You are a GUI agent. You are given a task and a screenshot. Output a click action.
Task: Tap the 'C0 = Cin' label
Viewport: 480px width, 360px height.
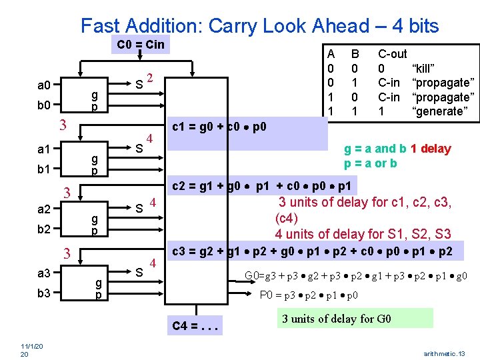pos(140,45)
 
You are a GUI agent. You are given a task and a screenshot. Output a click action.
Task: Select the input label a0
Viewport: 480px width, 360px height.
pos(44,85)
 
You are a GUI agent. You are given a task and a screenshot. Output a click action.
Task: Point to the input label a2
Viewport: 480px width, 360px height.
pos(44,209)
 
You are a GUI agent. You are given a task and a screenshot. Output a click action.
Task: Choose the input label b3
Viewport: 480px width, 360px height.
pos(44,292)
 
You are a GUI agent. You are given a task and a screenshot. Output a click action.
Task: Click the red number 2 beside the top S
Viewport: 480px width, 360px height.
pos(151,77)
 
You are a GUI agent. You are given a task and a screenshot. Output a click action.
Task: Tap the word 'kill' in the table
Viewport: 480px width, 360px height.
pos(424,69)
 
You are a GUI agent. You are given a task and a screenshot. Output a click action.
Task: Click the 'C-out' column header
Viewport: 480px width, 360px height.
pos(392,53)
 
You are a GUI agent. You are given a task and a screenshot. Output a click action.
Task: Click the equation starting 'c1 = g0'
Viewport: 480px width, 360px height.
pos(219,127)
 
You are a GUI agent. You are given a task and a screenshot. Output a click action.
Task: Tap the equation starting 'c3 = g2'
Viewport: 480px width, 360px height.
pos(313,251)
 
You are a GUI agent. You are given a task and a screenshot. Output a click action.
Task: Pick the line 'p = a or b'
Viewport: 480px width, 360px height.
pos(371,163)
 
